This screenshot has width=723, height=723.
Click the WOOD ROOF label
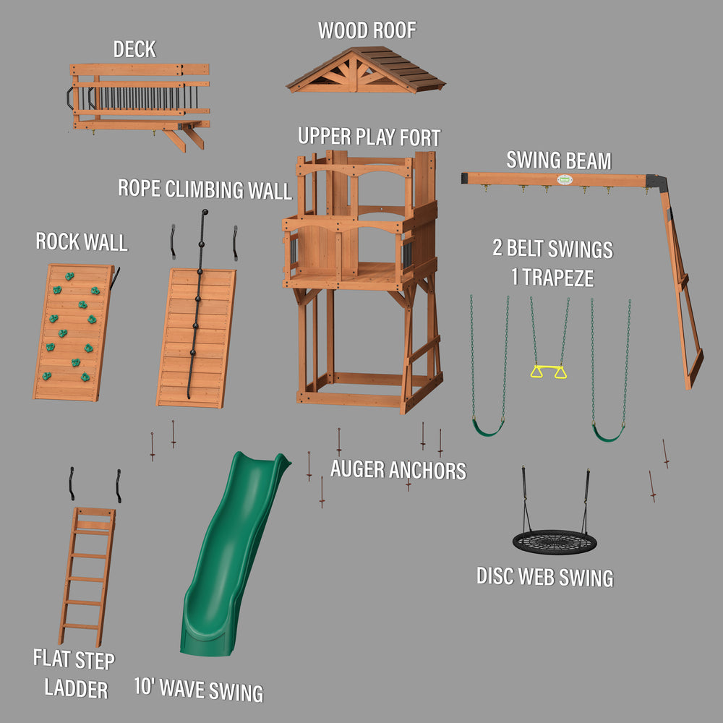click(367, 30)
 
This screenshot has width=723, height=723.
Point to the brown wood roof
click(365, 71)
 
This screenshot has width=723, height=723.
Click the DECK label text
click(134, 49)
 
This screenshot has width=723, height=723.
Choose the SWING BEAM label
click(558, 160)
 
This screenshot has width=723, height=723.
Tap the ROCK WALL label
click(82, 241)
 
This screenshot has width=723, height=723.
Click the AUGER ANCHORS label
click(398, 470)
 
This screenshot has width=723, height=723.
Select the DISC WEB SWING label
click(544, 577)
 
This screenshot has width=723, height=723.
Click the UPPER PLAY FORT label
click(369, 136)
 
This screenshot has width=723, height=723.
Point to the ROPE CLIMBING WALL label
click(205, 189)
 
